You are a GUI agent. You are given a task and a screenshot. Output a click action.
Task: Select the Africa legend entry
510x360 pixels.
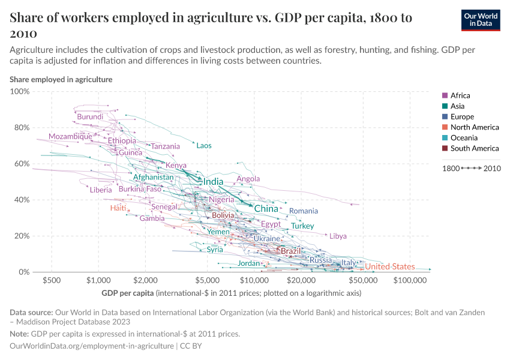click(x=460, y=95)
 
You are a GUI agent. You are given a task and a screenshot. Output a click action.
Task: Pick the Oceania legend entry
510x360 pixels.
click(x=463, y=137)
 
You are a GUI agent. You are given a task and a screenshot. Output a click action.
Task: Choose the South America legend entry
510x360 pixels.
click(x=474, y=148)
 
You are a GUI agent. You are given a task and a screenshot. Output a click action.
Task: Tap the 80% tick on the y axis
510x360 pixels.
click(x=20, y=127)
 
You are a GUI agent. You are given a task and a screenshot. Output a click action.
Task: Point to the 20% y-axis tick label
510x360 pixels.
click(x=20, y=236)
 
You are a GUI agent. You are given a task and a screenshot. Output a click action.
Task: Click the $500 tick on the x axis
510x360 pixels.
click(x=51, y=280)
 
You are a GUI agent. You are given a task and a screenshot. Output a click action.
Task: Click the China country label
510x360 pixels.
click(x=266, y=209)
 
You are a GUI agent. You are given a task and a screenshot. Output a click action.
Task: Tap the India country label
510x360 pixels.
click(x=213, y=182)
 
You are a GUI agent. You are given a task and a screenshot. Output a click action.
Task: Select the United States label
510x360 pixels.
click(x=390, y=266)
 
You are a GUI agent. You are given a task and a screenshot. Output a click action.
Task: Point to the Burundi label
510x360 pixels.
click(x=90, y=116)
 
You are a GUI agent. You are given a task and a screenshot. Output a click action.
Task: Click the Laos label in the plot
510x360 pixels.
click(x=204, y=146)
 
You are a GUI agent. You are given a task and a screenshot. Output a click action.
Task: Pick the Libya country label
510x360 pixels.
click(x=338, y=236)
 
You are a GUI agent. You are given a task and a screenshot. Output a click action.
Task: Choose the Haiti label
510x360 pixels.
click(x=118, y=208)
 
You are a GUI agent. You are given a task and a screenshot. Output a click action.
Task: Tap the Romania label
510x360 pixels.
click(x=304, y=211)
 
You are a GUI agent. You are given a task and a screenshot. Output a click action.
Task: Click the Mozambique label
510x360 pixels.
click(x=70, y=136)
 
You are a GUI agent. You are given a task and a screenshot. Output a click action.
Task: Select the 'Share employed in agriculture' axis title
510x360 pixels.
click(x=61, y=79)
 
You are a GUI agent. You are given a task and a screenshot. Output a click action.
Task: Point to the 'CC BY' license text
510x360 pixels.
click(x=191, y=346)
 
